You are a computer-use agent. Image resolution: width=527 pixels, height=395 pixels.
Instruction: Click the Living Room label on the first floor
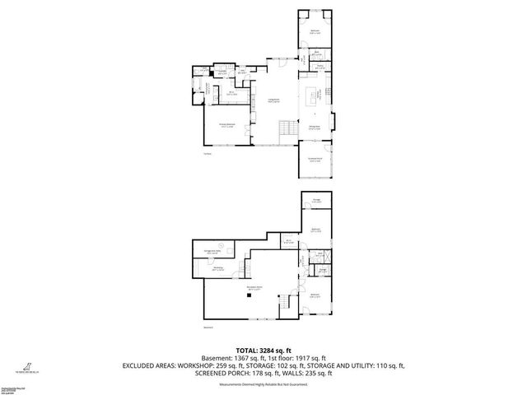tap(271, 100)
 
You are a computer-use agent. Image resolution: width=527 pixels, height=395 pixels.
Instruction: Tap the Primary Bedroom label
tap(226, 126)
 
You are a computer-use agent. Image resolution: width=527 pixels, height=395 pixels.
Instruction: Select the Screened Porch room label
tap(315, 160)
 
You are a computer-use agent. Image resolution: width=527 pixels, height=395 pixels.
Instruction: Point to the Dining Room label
tap(314, 128)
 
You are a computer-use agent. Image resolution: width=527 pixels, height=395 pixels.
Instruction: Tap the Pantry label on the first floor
tap(319, 67)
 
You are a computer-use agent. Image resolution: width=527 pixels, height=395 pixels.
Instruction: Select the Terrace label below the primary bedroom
tap(208, 153)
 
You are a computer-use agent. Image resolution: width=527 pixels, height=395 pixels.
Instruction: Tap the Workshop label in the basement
tap(218, 267)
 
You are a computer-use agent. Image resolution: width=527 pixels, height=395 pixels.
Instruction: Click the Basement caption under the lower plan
tap(208, 328)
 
